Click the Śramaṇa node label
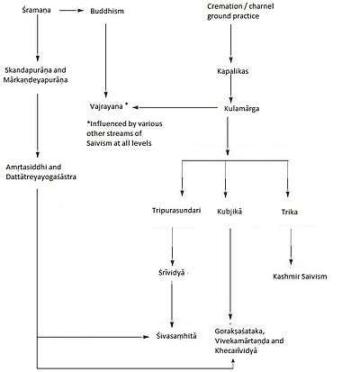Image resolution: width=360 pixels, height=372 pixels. (x=36, y=10)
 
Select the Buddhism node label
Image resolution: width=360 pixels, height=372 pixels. (x=107, y=11)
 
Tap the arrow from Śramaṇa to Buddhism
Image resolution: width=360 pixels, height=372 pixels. (x=71, y=11)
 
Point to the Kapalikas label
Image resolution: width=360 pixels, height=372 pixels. (x=233, y=71)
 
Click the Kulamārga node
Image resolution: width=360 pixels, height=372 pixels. (x=241, y=108)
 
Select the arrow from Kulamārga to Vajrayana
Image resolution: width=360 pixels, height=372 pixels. (x=175, y=107)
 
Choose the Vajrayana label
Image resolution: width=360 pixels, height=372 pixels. (x=106, y=106)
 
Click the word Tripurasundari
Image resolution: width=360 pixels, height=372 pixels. (x=176, y=211)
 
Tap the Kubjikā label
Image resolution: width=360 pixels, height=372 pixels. (x=229, y=212)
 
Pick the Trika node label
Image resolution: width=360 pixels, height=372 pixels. (x=289, y=212)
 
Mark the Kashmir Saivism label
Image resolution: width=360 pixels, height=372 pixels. (x=300, y=277)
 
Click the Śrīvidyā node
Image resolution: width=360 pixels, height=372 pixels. (x=172, y=273)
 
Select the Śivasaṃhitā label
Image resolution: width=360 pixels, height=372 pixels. (x=176, y=336)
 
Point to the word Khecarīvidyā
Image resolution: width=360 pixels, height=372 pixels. (x=236, y=350)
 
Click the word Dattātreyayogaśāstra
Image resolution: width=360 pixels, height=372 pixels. (x=40, y=177)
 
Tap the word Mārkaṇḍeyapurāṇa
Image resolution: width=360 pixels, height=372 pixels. (x=35, y=80)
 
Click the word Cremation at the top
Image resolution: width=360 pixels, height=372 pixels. (x=224, y=6)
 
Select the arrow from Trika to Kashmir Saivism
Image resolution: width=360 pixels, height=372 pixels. (x=291, y=247)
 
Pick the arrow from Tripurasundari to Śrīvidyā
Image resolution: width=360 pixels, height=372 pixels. (x=172, y=247)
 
